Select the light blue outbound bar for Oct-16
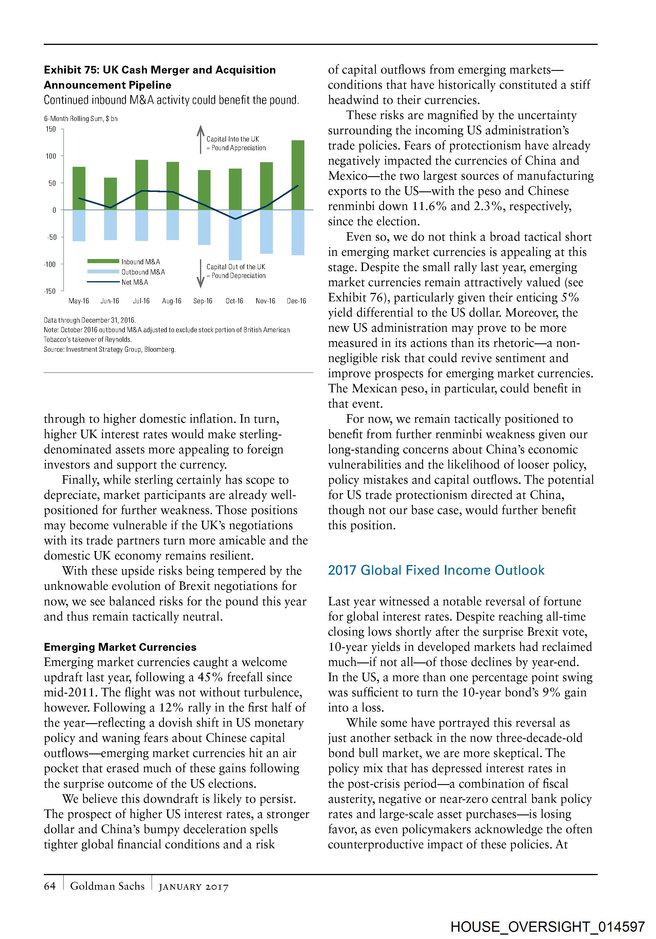pos(235,235)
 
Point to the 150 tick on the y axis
pos(51,129)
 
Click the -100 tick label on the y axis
pos(50,264)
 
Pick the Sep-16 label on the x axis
pos(203,301)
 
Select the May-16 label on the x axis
pos(79,301)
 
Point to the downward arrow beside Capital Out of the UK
pos(200,273)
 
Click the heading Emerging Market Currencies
pos(120,647)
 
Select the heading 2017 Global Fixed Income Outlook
pos(436,571)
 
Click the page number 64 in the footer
pos(50,886)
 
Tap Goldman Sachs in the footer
pos(107,886)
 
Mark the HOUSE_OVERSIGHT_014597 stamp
pos(548,927)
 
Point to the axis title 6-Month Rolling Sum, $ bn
pos(81,119)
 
